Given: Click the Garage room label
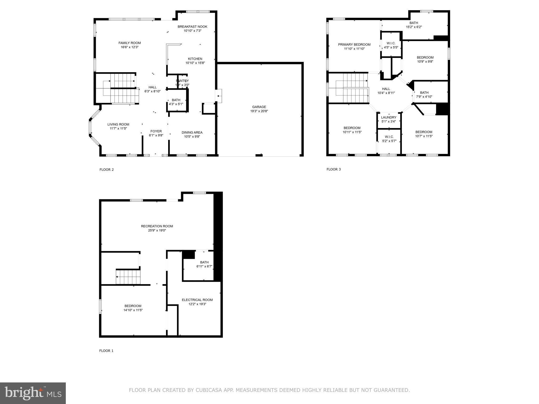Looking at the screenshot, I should (259, 107).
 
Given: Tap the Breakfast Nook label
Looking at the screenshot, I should (192, 27).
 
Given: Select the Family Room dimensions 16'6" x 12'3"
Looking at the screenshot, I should (129, 47).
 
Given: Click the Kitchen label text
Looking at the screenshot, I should (195, 59).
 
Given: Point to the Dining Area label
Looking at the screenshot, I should (192, 133).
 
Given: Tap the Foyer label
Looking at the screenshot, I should (156, 131).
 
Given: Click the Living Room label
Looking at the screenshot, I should (118, 124).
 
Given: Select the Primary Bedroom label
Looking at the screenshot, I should (354, 45).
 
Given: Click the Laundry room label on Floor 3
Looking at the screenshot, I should (388, 118).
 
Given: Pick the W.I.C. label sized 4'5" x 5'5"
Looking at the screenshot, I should (391, 43).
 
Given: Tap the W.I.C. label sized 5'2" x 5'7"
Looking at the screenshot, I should (389, 137).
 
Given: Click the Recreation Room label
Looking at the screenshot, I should (157, 226).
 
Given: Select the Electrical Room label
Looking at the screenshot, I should (197, 300).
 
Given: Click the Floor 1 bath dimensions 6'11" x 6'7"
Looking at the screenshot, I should (204, 266).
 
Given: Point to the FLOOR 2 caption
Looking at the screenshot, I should (107, 170).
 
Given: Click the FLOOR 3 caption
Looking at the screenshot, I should (333, 169).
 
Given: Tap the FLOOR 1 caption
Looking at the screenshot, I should (106, 351).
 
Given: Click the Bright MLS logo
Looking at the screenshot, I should (33, 393).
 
